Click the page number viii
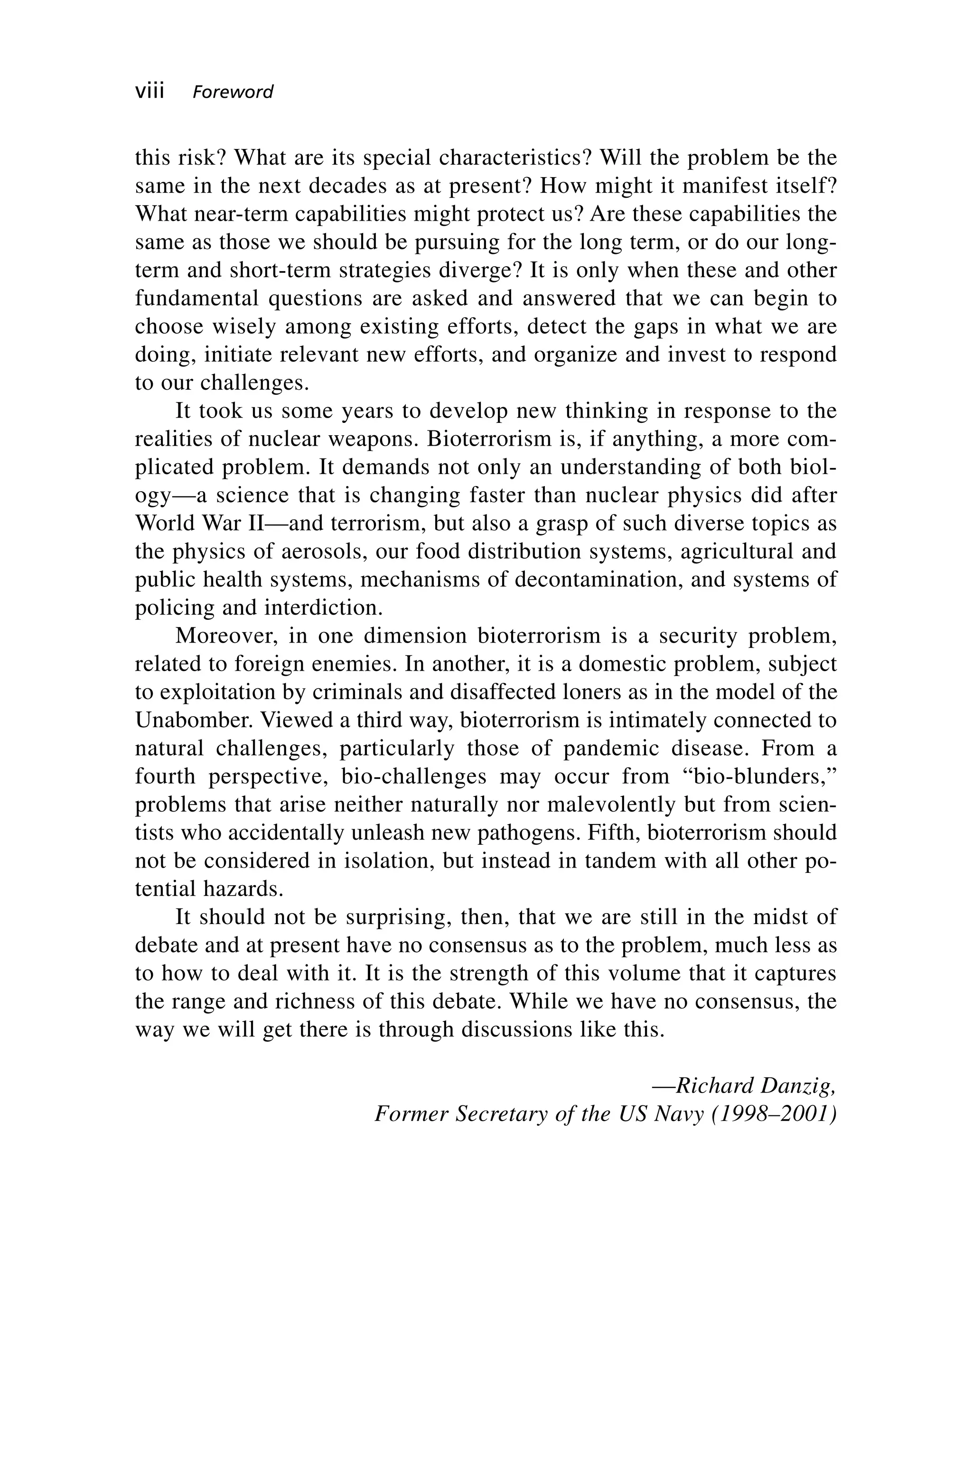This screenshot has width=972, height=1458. click(150, 92)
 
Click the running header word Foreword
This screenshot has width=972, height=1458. click(233, 93)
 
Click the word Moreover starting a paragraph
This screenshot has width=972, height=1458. click(225, 636)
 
